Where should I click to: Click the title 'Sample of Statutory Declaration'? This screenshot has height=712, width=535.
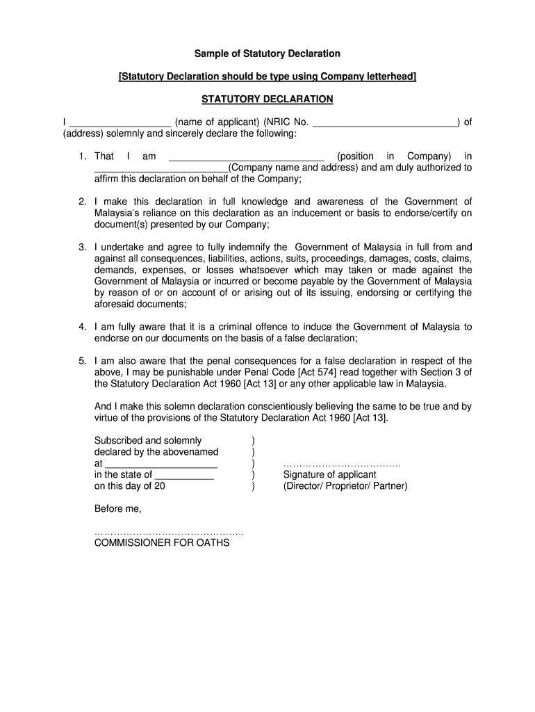coord(267,54)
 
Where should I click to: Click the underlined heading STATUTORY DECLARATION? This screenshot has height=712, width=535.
coord(267,99)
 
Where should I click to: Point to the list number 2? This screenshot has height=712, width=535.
coord(82,202)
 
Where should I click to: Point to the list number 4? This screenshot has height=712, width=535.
coord(82,327)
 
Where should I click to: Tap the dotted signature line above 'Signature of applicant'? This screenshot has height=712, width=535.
coord(342,464)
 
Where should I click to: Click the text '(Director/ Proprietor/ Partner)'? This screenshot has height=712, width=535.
coord(345,486)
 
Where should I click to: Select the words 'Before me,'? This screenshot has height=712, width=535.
coord(117,509)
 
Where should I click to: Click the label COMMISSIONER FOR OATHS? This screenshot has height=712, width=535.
coord(162,542)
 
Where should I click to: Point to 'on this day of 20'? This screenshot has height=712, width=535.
coord(130,486)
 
